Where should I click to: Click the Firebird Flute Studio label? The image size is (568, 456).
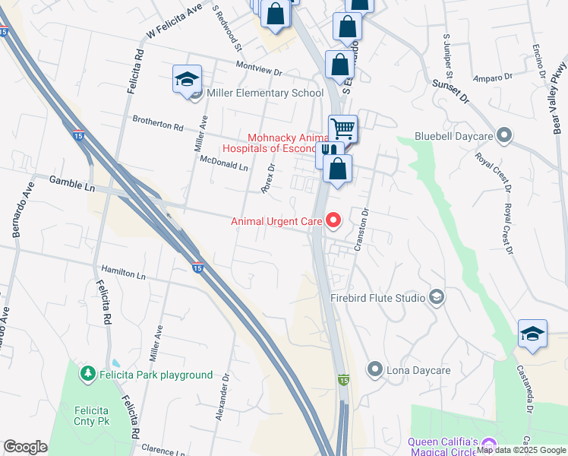377,298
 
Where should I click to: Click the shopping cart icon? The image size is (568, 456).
342,128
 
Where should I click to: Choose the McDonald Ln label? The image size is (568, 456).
224,163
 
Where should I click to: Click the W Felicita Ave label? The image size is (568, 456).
175,21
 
